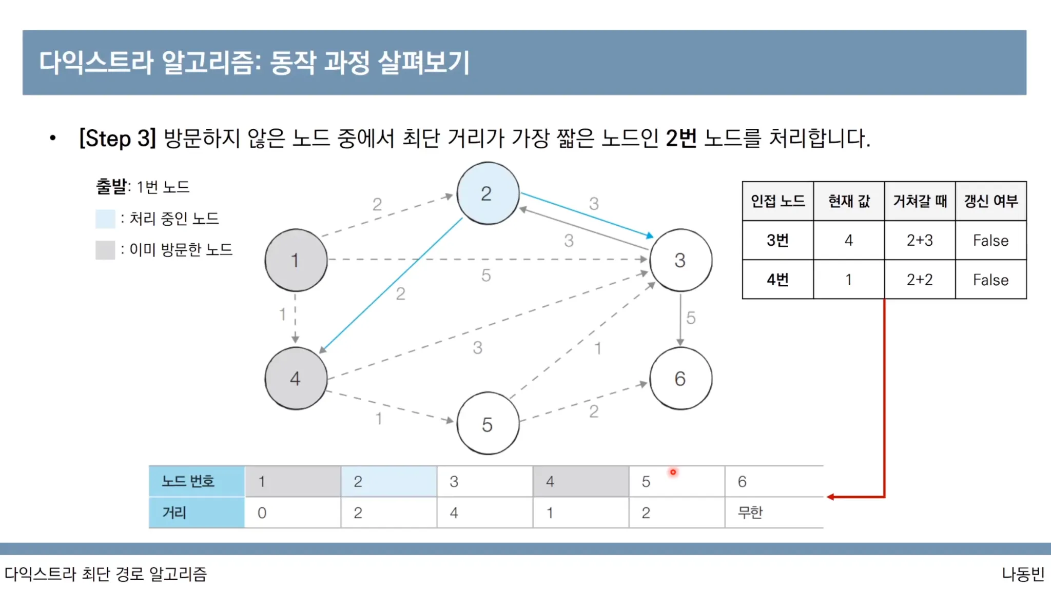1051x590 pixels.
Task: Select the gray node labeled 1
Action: [296, 260]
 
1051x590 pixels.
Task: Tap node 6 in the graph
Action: [680, 379]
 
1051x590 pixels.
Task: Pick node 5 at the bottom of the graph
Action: [488, 424]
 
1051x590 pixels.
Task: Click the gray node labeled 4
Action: [296, 379]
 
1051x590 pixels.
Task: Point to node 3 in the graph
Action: [680, 260]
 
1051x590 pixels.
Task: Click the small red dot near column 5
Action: [673, 472]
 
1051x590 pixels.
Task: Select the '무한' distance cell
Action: [750, 512]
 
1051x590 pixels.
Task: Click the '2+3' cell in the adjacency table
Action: [920, 240]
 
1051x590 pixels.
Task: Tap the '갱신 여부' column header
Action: [990, 201]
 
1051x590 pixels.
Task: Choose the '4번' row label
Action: [777, 280]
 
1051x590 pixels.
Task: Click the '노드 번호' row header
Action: [188, 481]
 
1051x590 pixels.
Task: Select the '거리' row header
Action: [174, 512]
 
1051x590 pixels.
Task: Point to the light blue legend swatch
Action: [105, 219]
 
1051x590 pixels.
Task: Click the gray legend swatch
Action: [105, 250]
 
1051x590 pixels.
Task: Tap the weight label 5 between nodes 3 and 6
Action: [691, 318]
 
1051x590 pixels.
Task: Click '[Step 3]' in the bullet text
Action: [118, 139]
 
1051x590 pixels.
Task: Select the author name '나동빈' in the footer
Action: [1023, 574]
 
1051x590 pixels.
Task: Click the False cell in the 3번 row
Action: [990, 240]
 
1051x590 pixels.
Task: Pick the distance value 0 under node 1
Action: [262, 513]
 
